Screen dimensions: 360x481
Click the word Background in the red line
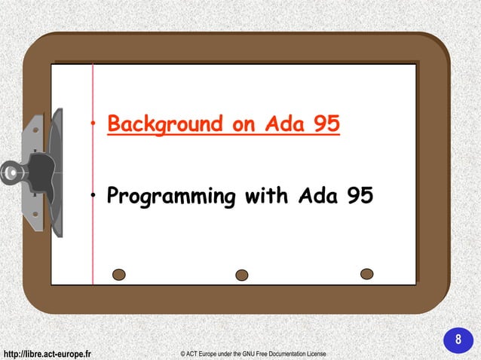coord(164,124)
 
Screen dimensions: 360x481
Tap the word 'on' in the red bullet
coord(244,124)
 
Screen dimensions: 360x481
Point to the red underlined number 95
coord(326,124)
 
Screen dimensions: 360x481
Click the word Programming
coord(170,197)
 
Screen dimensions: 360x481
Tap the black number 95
coord(360,197)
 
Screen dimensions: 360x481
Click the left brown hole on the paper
coord(118,274)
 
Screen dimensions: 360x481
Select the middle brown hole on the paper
coord(242,275)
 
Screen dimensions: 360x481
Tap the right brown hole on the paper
coord(366,273)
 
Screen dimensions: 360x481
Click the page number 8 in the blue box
coord(457,340)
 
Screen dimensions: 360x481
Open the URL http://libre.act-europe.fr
coord(47,353)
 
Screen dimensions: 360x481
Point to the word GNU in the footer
coord(253,353)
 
